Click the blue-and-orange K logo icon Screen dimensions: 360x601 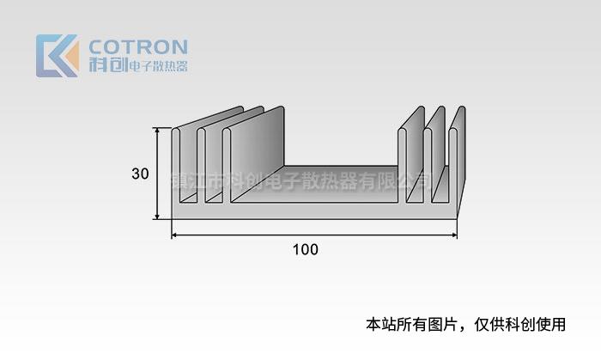[57, 56]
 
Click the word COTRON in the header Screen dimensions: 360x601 [138, 46]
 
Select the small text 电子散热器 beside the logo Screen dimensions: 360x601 [157, 66]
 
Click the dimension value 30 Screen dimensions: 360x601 [141, 174]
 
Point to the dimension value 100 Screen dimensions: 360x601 [305, 250]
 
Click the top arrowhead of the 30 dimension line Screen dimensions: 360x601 [157, 131]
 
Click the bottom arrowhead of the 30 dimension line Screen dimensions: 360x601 [157, 216]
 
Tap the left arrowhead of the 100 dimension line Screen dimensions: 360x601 [175, 235]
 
